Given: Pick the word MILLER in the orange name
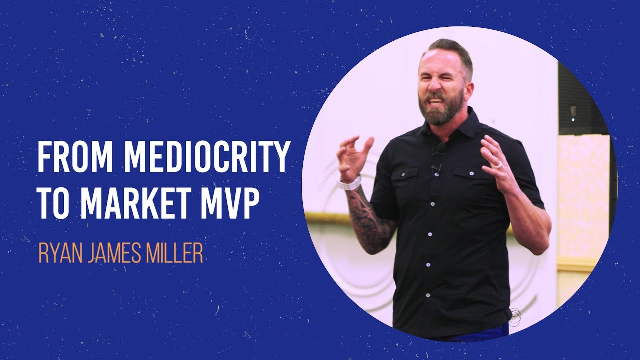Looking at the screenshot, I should click(175, 253).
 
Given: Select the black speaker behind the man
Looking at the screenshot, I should click(575, 100).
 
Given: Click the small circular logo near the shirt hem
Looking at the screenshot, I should click(514, 315).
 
